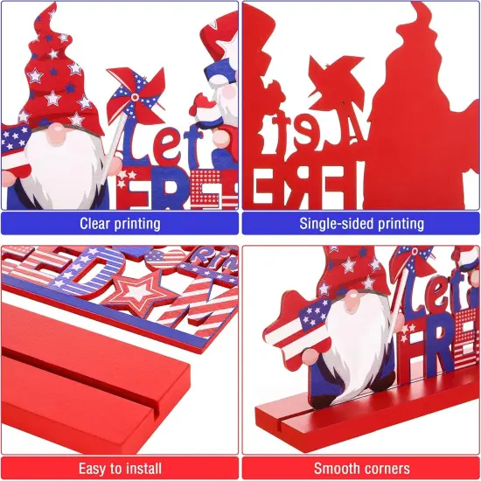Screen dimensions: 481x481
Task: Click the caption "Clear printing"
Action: (120, 223)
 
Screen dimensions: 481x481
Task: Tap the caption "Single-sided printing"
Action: (361, 223)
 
